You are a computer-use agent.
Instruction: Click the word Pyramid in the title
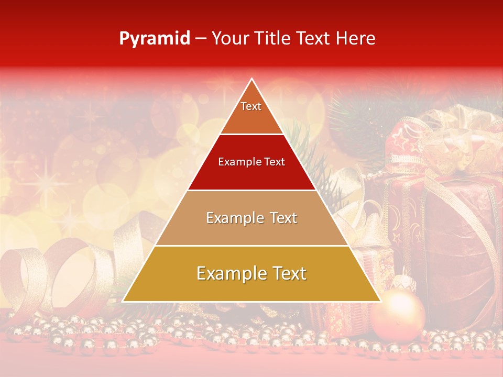[x=155, y=38]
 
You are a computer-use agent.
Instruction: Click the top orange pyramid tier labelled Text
[x=251, y=110]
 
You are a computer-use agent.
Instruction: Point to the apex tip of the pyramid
[x=252, y=80]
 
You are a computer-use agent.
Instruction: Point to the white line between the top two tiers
[x=251, y=134]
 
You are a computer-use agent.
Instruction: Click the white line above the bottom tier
[x=251, y=246]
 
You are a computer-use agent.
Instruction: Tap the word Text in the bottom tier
[x=287, y=274]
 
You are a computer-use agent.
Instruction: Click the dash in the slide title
[x=201, y=39]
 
